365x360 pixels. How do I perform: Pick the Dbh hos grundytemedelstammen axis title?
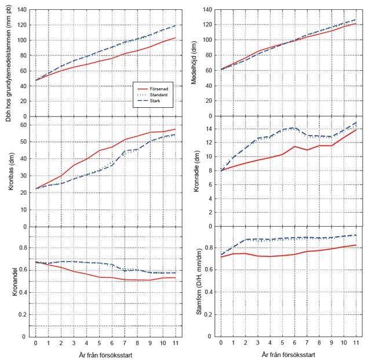pyautogui.click(x=8, y=61)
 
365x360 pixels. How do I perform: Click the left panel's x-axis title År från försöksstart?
pyautogui.click(x=105, y=354)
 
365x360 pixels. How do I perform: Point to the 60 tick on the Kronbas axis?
pyautogui.click(x=24, y=124)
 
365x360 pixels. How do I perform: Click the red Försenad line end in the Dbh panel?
pyautogui.click(x=175, y=38)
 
